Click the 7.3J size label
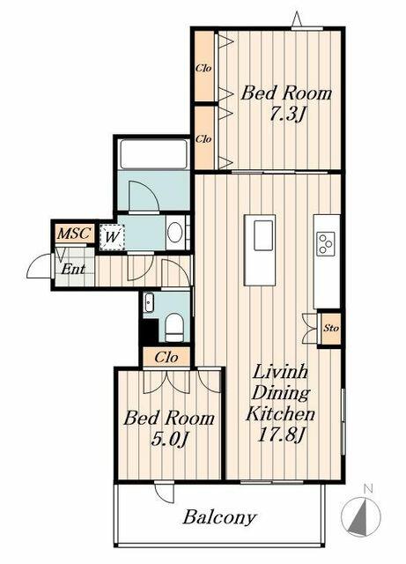point(286,115)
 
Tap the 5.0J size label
point(170,439)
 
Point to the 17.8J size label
point(281,435)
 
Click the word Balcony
point(219,517)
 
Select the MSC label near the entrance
point(74,234)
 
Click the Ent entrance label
point(73,269)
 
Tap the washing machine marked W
point(112,237)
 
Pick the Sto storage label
point(331,328)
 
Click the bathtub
point(153,154)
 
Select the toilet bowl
point(174,327)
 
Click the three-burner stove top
point(326,244)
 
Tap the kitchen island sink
point(263,235)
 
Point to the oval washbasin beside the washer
point(174,233)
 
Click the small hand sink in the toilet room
point(149,302)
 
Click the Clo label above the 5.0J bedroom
point(166,358)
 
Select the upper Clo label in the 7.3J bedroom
point(203,68)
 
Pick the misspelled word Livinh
point(280,372)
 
